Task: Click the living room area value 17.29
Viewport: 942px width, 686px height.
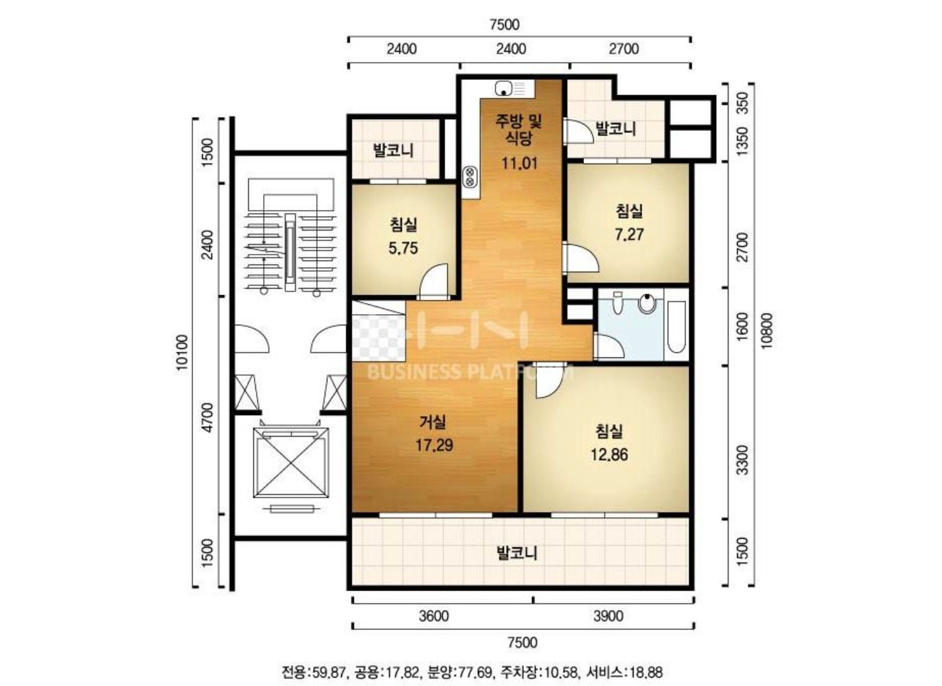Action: click(434, 445)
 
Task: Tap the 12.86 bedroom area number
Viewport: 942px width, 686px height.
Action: click(609, 455)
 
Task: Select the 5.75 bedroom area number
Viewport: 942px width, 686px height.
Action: click(403, 248)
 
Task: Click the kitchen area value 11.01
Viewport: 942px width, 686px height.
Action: click(519, 163)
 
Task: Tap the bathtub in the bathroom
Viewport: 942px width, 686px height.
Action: click(676, 327)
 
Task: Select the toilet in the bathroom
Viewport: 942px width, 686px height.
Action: click(617, 303)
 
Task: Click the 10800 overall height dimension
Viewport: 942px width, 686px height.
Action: click(766, 331)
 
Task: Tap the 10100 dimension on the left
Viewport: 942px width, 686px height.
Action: click(182, 352)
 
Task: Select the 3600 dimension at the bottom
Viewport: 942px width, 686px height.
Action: click(434, 616)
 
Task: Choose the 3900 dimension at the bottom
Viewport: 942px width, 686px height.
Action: click(608, 616)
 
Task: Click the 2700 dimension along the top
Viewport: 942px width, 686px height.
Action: click(624, 49)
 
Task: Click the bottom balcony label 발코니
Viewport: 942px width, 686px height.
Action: click(517, 552)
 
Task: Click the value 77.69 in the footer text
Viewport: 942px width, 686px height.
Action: click(474, 672)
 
